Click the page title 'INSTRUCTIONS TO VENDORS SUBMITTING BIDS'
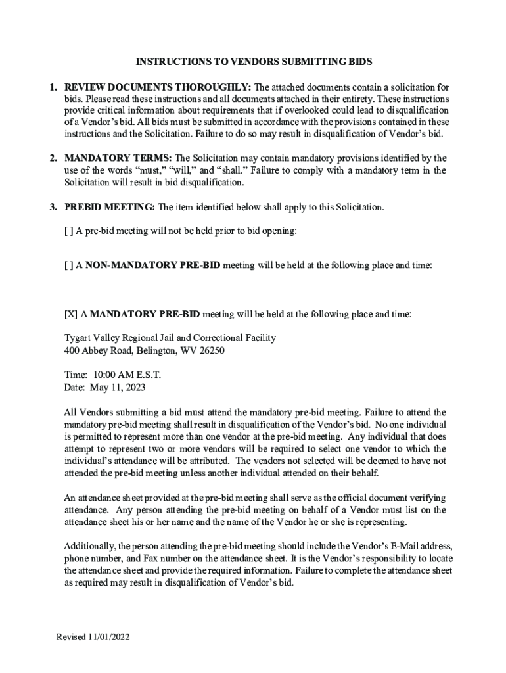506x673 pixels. pyautogui.click(x=254, y=62)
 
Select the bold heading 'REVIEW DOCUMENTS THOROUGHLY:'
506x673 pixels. pyautogui.click(x=158, y=87)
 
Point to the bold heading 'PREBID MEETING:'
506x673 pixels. pyautogui.click(x=110, y=207)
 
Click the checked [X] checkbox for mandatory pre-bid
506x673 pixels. pyautogui.click(x=71, y=314)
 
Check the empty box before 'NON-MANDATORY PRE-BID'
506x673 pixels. pyautogui.click(x=69, y=266)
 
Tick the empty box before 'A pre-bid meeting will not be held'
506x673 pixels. pyautogui.click(x=69, y=231)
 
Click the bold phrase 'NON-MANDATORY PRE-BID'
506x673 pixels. pyautogui.click(x=153, y=266)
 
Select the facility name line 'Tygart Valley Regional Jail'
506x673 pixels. pyautogui.click(x=170, y=338)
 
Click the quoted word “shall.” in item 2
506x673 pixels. pyautogui.click(x=237, y=171)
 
